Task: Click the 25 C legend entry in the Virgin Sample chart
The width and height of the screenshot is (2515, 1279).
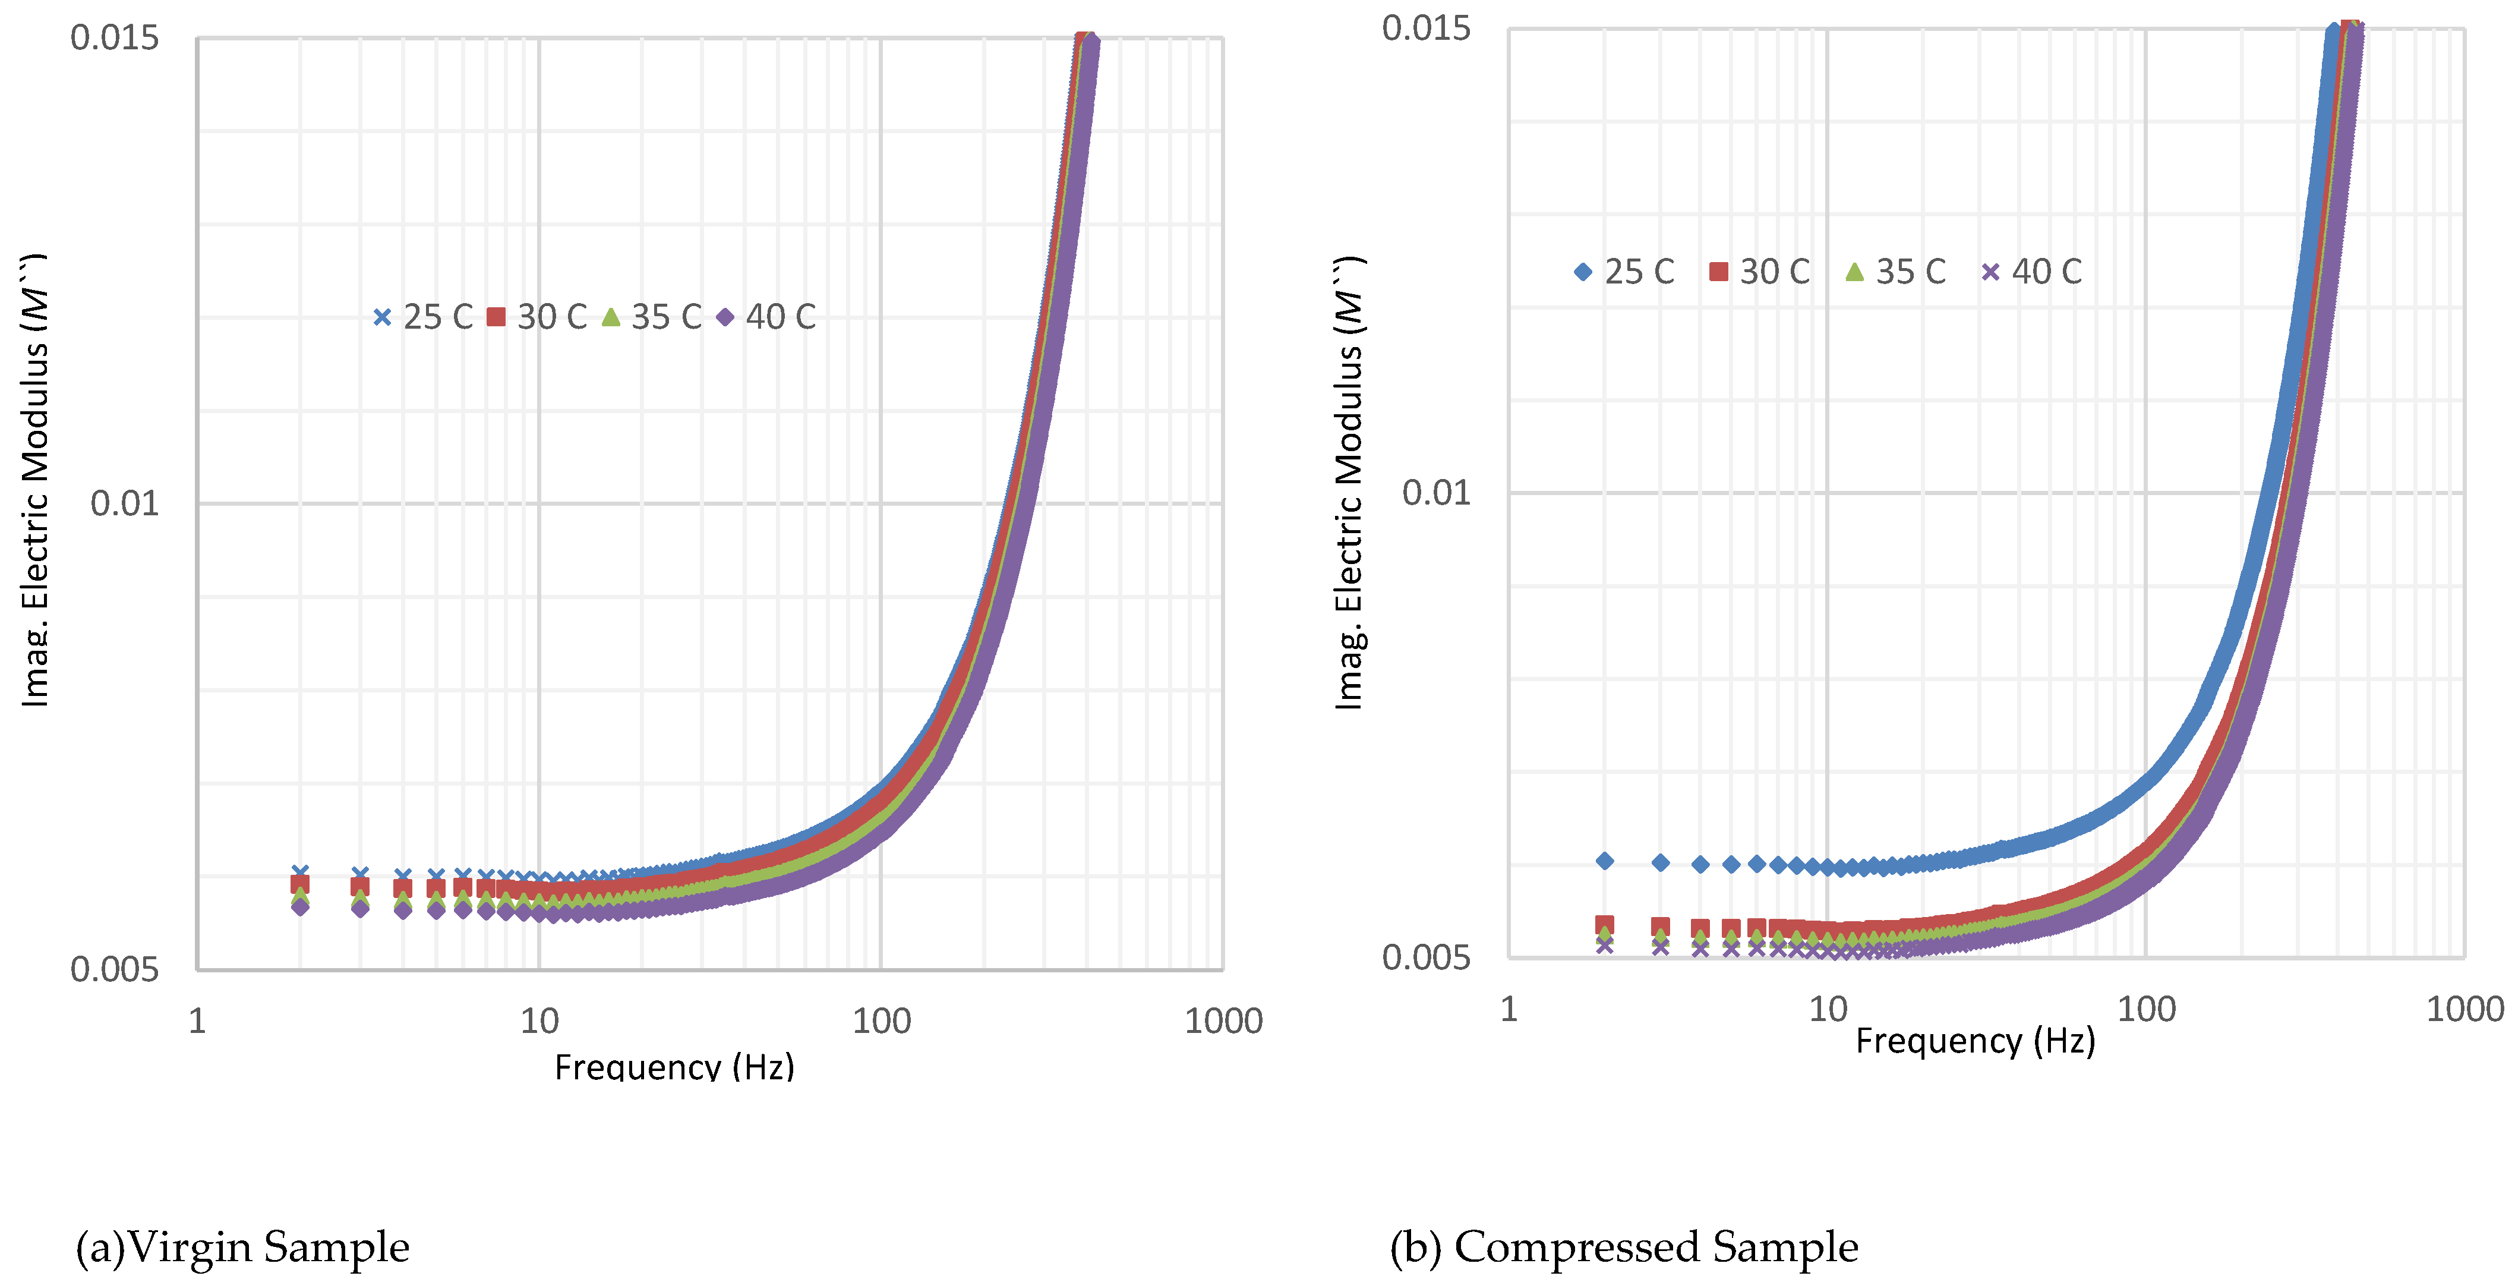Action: tap(423, 317)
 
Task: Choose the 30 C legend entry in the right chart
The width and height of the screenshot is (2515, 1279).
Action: tap(1760, 272)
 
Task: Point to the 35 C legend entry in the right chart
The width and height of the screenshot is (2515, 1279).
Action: tap(1896, 272)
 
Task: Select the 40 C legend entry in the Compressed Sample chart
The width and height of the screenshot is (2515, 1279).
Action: tap(2032, 272)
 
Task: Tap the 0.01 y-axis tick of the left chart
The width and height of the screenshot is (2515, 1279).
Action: tap(124, 504)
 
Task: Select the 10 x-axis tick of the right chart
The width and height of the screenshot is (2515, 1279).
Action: tap(1828, 1010)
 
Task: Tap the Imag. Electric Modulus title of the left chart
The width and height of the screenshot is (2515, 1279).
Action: tap(35, 478)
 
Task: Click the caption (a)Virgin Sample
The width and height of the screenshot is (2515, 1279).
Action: tap(242, 1247)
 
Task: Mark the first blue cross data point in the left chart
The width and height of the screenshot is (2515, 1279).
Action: tap(301, 872)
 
